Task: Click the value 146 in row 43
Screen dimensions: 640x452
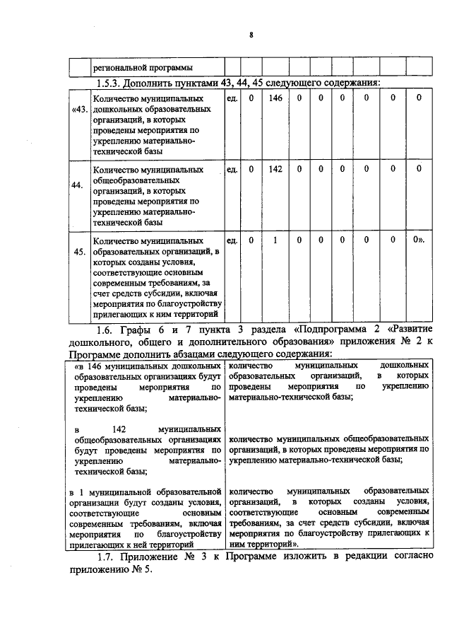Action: tap(275, 98)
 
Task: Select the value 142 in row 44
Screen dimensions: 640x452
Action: tap(275, 169)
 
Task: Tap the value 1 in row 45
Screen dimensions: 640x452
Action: tap(275, 240)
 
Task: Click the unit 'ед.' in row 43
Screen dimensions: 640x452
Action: tap(231, 98)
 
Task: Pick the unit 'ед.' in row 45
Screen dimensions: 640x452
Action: tap(231, 240)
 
